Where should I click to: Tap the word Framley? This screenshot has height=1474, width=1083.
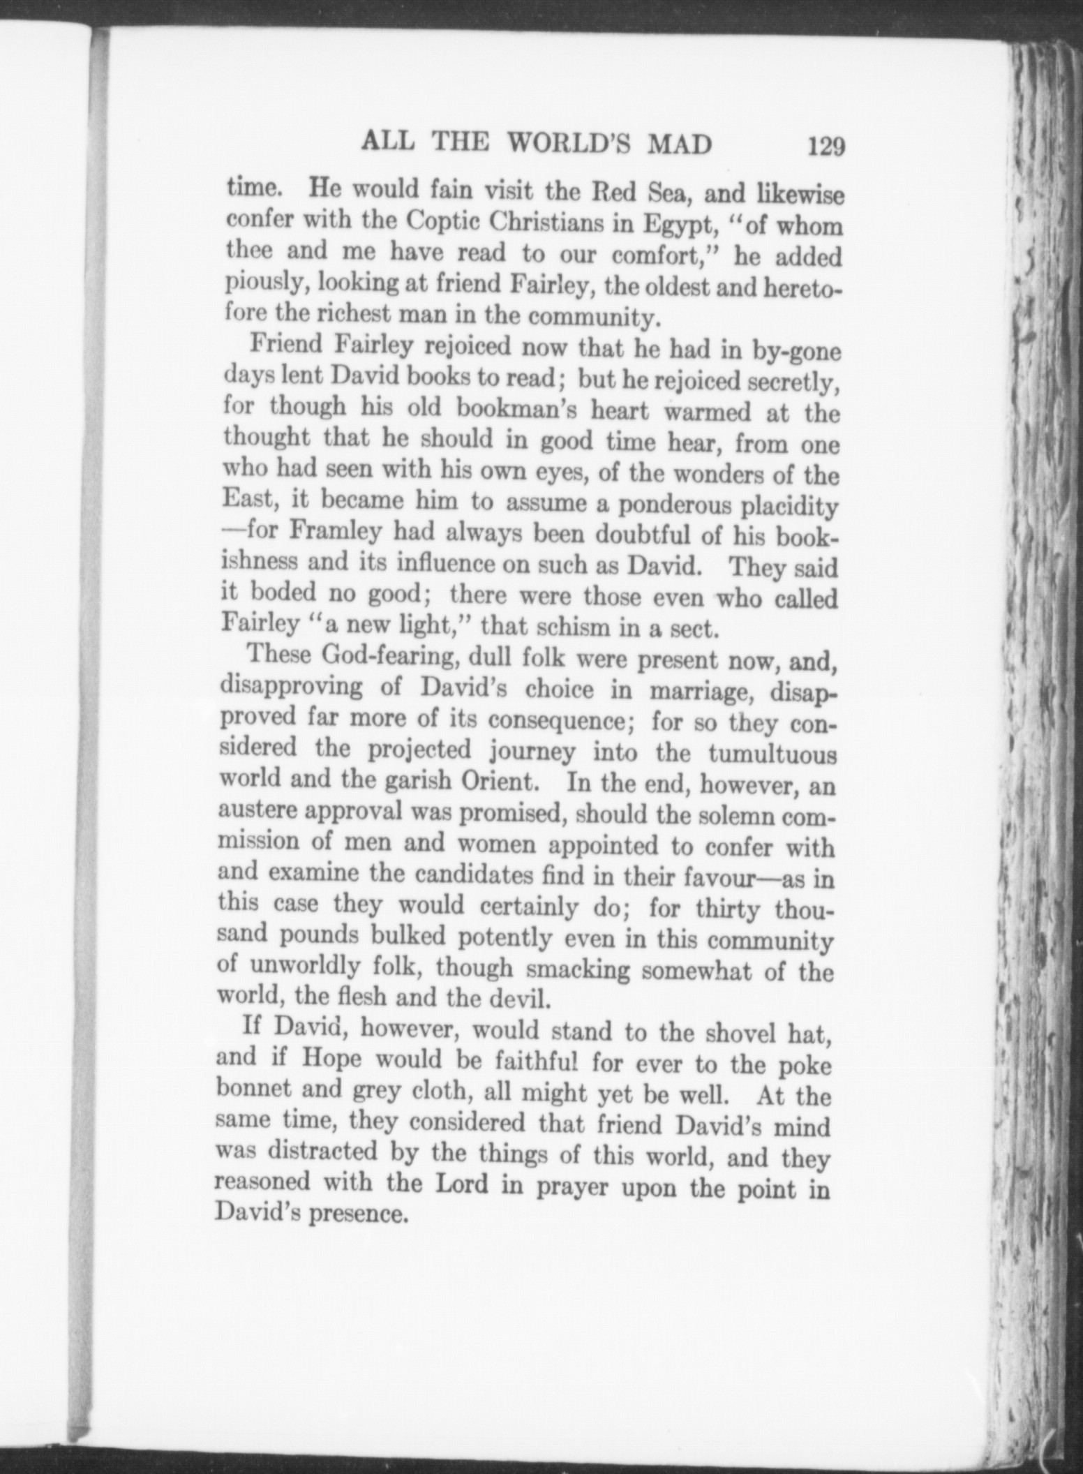pos(336,535)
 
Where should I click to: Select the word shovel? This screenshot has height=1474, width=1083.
pos(724,1030)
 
